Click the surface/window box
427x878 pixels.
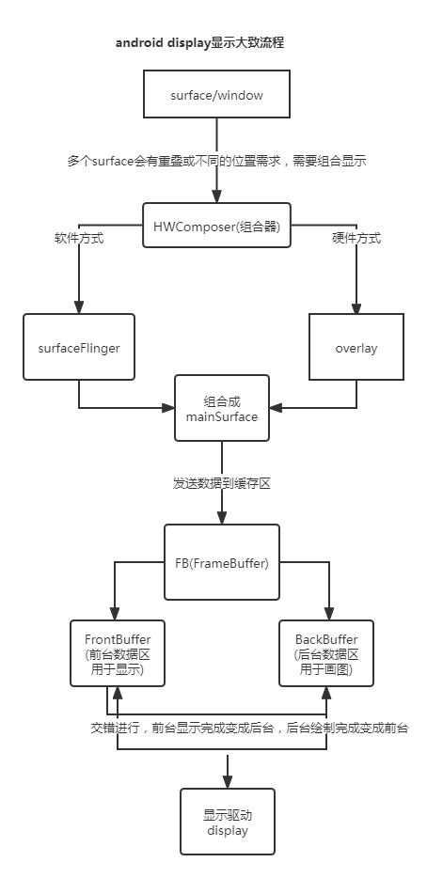[215, 97]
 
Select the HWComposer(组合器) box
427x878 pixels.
[215, 225]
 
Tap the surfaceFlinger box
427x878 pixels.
[79, 348]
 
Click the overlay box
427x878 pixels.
[356, 348]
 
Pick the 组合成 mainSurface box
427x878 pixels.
[222, 409]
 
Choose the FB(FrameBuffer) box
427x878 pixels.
[221, 563]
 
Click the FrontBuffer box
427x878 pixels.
[118, 653]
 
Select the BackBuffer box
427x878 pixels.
[326, 653]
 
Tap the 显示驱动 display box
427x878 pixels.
[228, 822]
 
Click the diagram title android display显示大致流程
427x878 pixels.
[199, 43]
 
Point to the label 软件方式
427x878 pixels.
[79, 239]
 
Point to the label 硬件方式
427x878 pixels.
[356, 239]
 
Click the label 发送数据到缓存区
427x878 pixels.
[222, 482]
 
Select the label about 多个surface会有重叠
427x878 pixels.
[216, 161]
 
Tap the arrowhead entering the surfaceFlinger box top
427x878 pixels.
[79, 308]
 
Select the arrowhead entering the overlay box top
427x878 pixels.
[356, 308]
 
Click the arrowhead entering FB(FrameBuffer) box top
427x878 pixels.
[222, 520]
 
